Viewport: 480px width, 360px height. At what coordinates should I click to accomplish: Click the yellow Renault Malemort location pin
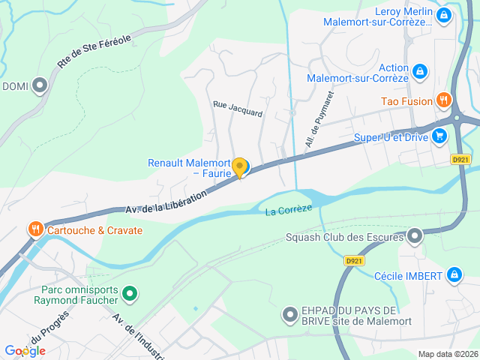(239, 167)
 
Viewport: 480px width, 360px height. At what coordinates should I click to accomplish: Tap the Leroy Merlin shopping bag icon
(443, 14)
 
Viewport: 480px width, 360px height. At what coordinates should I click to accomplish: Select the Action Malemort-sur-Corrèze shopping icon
(420, 71)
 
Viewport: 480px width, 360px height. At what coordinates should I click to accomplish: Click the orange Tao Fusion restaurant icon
(444, 100)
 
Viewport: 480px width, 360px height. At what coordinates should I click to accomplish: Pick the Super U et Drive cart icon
(439, 136)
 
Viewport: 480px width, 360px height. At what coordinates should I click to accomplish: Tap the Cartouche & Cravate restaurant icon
(34, 229)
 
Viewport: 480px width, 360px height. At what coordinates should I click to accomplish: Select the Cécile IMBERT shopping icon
(453, 275)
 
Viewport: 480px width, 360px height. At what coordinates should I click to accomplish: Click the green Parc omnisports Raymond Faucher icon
(130, 293)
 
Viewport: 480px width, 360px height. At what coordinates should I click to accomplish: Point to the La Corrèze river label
(288, 211)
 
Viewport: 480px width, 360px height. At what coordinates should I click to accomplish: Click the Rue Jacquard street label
(238, 109)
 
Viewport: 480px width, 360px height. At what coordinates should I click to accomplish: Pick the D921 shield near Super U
(460, 159)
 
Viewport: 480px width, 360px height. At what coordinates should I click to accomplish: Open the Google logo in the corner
(25, 350)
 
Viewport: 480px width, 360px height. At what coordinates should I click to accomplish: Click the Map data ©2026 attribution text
(447, 354)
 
